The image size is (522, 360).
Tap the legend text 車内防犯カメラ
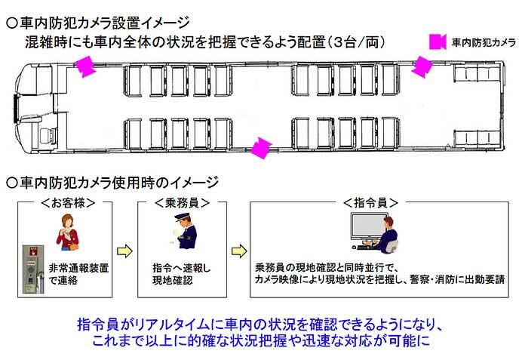click(x=483, y=42)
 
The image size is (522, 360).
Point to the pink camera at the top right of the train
click(x=421, y=66)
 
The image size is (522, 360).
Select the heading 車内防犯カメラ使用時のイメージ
click(x=113, y=182)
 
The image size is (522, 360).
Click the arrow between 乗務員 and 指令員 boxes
click(x=236, y=250)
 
